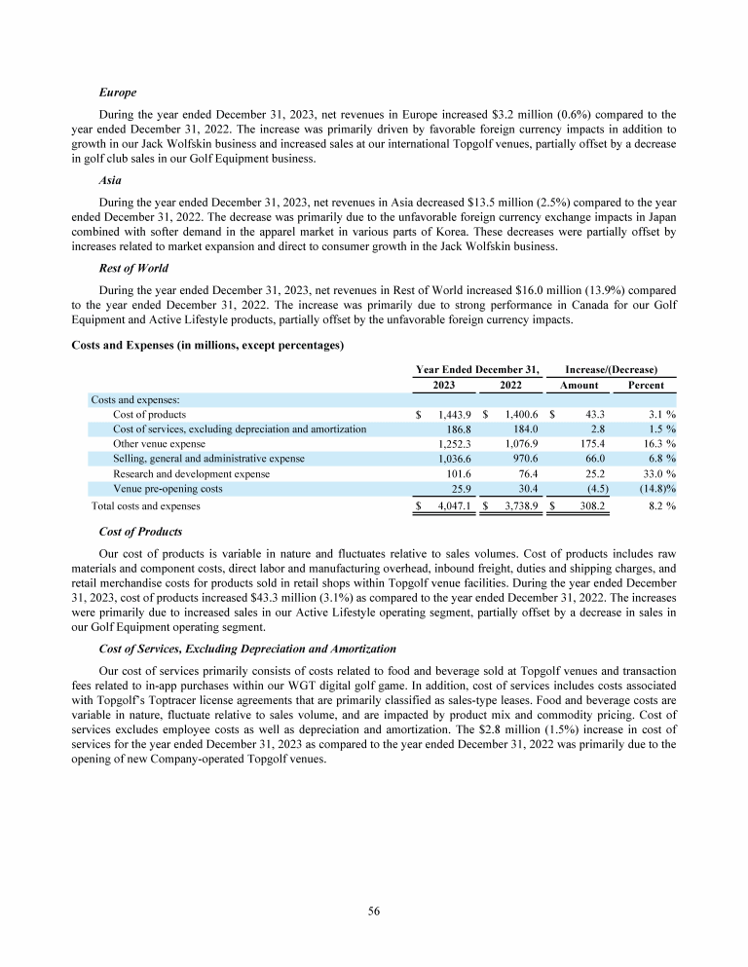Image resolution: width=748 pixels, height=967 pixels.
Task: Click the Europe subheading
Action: (x=117, y=93)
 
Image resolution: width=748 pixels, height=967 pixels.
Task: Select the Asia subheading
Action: (x=111, y=180)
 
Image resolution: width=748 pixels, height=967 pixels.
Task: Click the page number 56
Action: (x=374, y=911)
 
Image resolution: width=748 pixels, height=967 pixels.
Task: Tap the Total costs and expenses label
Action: (x=145, y=506)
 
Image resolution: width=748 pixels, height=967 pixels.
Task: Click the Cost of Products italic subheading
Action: (x=140, y=532)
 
